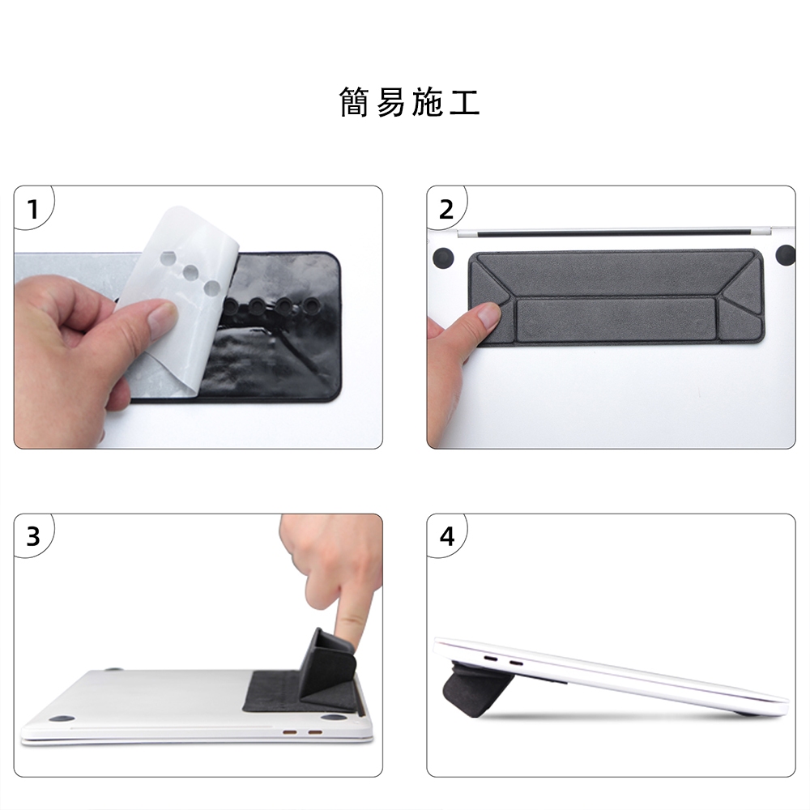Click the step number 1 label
click(33, 209)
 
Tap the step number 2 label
click(446, 209)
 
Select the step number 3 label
click(33, 537)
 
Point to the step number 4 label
click(447, 537)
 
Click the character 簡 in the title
click(354, 102)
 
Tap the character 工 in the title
click(465, 102)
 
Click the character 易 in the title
click(390, 102)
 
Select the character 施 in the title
click(428, 102)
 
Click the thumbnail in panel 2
click(488, 314)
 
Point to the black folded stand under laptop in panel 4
click(468, 689)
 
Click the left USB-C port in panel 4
click(490, 659)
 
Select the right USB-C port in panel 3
click(315, 732)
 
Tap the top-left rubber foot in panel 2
click(443, 256)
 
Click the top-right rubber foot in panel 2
click(787, 255)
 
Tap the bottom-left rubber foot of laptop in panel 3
click(62, 719)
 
